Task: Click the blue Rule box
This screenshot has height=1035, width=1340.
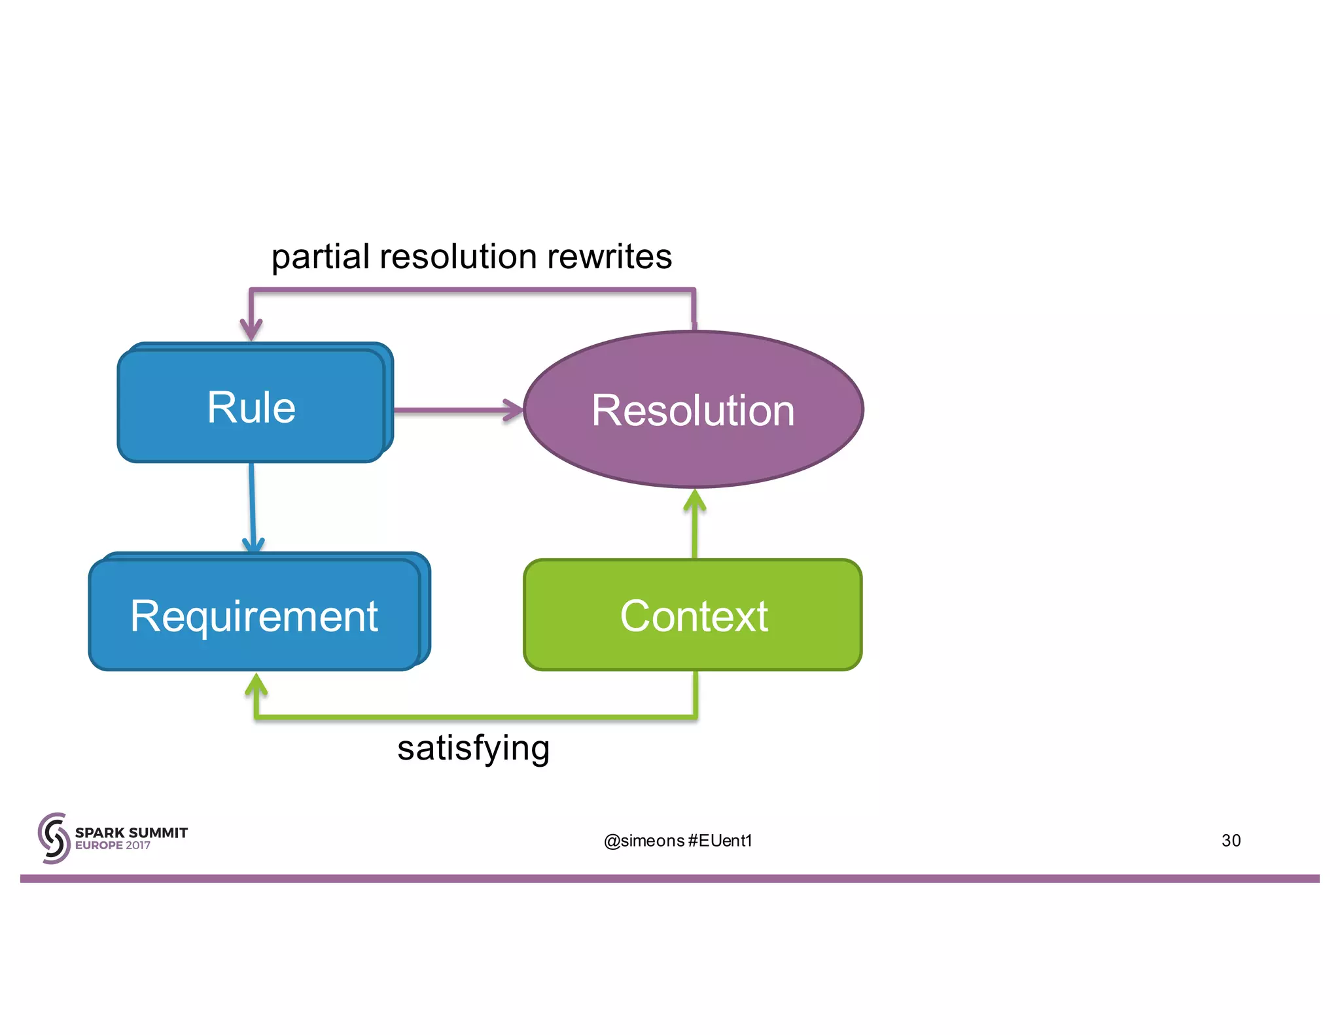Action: click(252, 406)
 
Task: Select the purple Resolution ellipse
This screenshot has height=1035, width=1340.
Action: click(693, 410)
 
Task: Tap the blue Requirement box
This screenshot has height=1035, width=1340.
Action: click(255, 615)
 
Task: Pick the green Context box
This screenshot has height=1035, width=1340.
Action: click(693, 615)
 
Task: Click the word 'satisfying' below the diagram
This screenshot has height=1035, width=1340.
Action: click(473, 747)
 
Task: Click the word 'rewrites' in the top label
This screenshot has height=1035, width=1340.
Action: click(609, 256)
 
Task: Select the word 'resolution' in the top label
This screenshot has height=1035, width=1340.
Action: click(458, 256)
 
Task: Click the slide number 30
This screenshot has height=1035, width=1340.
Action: click(1231, 840)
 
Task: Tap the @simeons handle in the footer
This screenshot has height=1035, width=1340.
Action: click(644, 841)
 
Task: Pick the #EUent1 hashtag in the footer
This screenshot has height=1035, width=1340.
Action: click(720, 841)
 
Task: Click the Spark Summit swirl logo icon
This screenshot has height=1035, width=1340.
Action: click(54, 838)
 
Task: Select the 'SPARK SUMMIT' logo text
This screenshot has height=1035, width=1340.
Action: click(132, 832)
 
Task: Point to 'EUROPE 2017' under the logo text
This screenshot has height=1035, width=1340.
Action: click(113, 845)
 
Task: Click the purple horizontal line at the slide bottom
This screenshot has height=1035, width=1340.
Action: click(670, 879)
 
